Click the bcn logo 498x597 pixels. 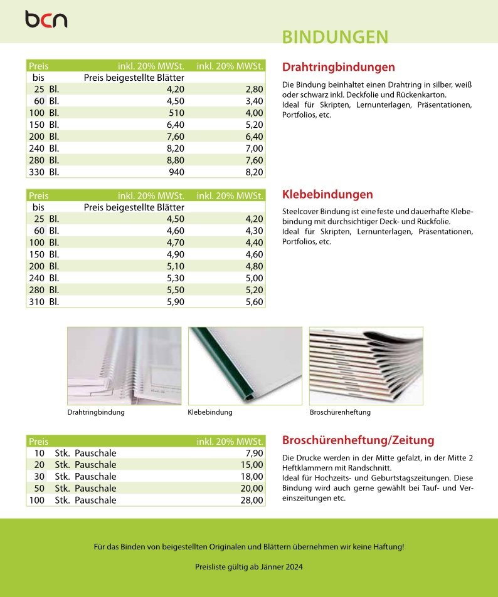tap(46, 19)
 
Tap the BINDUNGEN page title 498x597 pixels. tap(335, 37)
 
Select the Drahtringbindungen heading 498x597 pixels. tap(339, 67)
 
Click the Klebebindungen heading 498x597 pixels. tap(327, 194)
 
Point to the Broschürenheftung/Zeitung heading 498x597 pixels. tap(358, 440)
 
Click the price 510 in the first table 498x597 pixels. tap(179, 113)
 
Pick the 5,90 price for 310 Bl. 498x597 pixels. tap(178, 301)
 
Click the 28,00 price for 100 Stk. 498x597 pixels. tap(252, 500)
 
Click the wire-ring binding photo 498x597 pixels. tap(124, 366)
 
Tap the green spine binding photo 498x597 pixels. tap(245, 366)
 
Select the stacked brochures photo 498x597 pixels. tap(366, 366)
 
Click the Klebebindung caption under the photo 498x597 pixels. tap(210, 412)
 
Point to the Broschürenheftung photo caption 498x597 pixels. tap(340, 412)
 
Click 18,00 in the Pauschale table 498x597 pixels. tap(252, 477)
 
